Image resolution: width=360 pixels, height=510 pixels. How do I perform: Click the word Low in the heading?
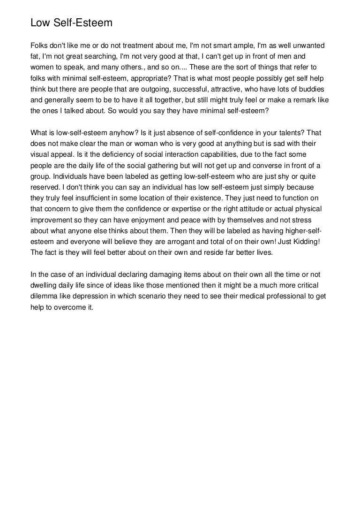point(39,23)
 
